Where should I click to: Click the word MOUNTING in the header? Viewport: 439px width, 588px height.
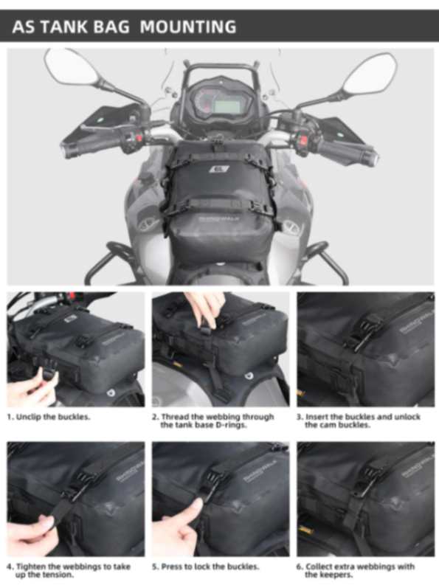tap(188, 27)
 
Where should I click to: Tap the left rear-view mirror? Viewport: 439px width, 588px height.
tap(71, 69)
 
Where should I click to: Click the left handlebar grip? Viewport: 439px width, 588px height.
tap(83, 148)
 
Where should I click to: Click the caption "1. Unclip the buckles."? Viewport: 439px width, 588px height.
tap(49, 417)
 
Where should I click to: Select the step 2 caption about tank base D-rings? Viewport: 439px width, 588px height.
tap(217, 421)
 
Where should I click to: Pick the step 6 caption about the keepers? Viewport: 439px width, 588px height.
tap(356, 570)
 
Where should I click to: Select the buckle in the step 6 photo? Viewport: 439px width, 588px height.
tap(366, 483)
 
